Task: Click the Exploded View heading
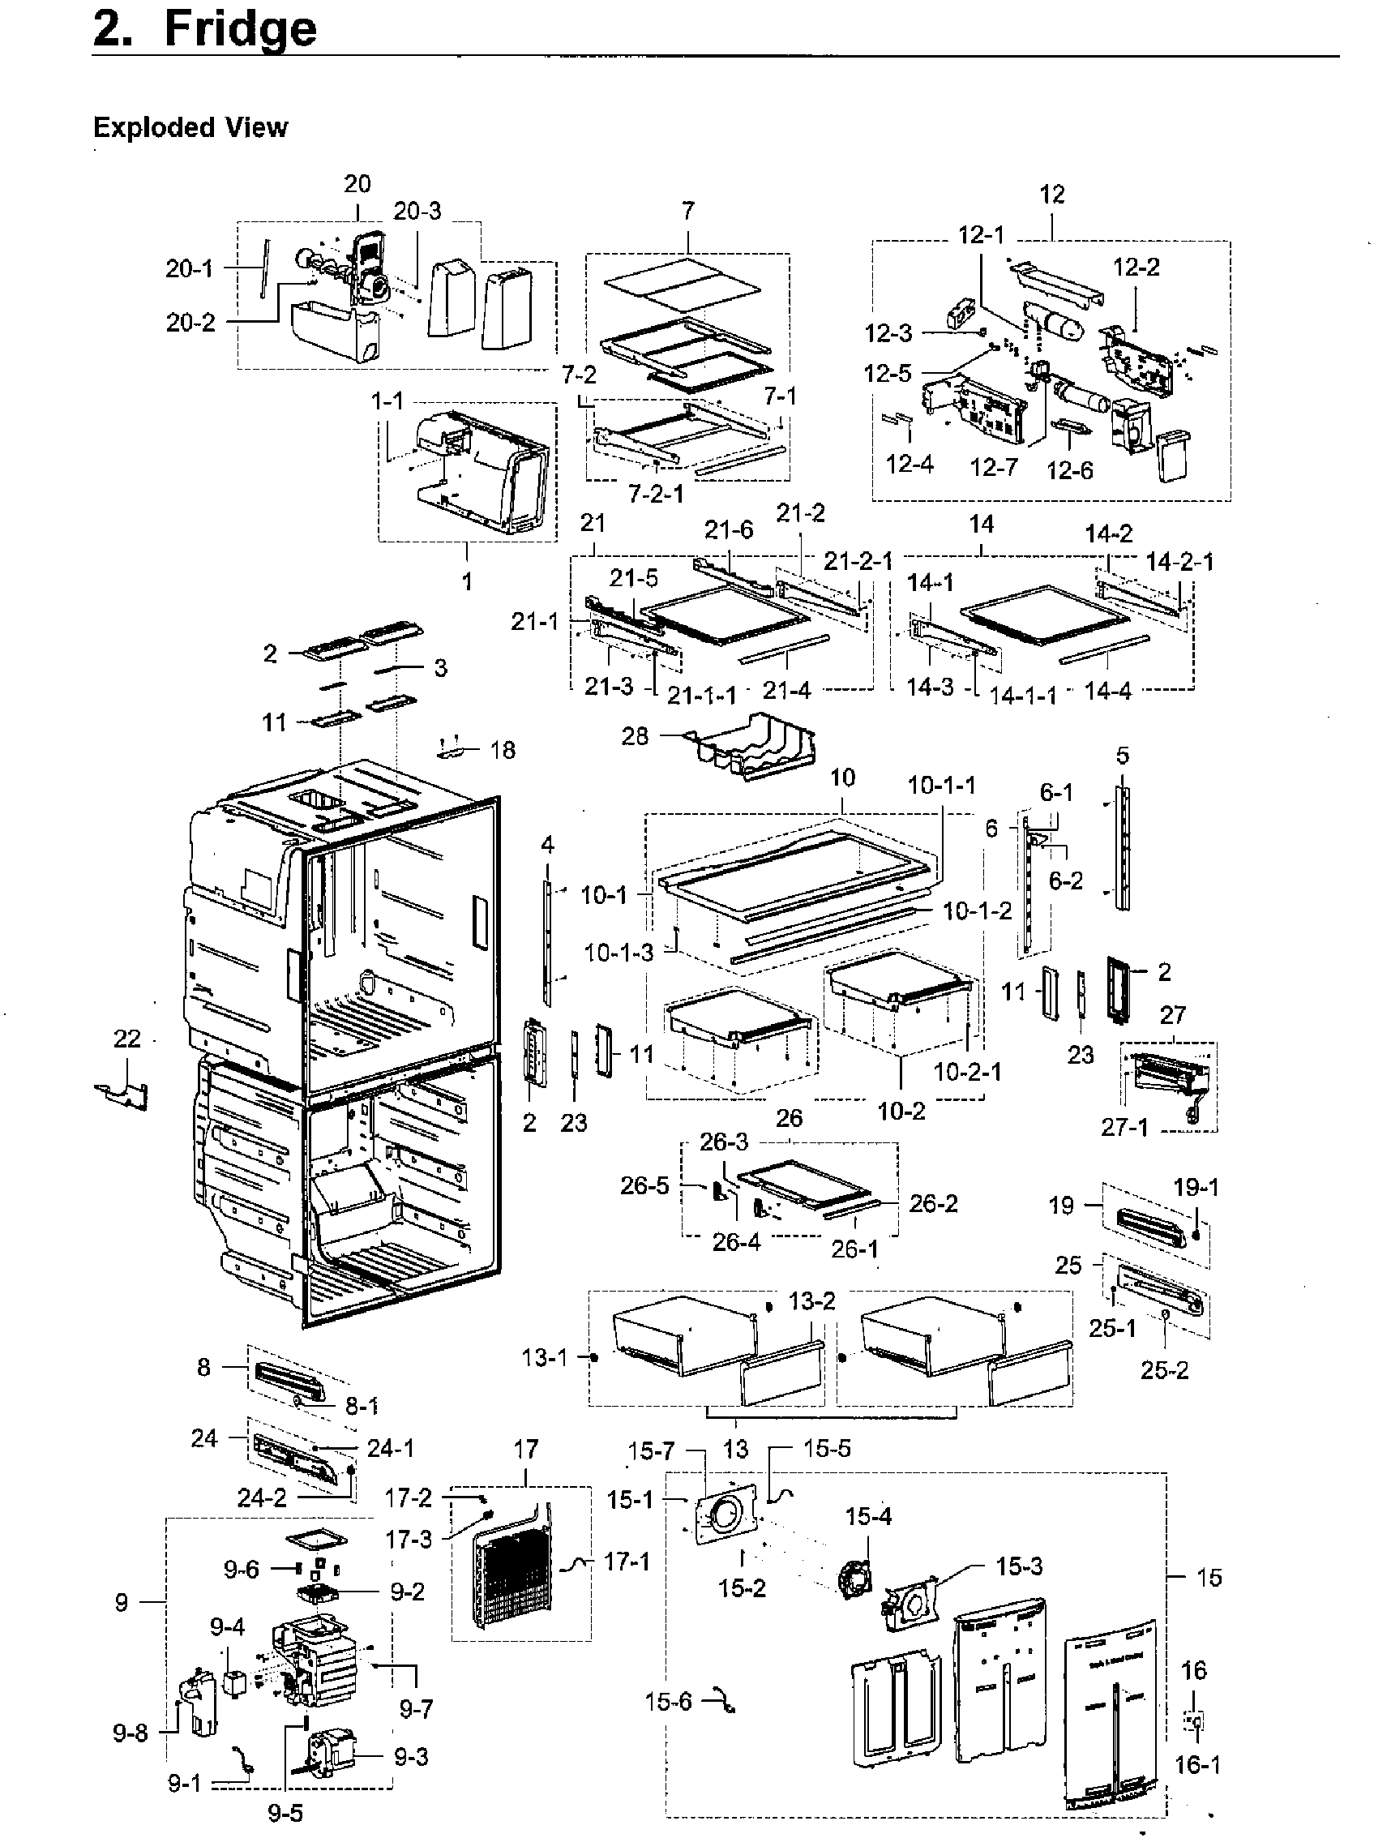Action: (x=190, y=127)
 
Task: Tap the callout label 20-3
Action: (x=417, y=211)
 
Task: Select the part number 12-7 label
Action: (x=994, y=467)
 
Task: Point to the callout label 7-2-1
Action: (x=656, y=494)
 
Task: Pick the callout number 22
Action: (x=127, y=1039)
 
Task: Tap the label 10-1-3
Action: (x=618, y=952)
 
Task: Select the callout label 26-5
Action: (x=644, y=1185)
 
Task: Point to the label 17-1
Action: (x=627, y=1562)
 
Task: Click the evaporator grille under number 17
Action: (x=511, y=1575)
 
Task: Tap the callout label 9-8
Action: (x=130, y=1733)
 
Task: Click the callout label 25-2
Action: (x=1164, y=1370)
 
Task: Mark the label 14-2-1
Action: (x=1179, y=562)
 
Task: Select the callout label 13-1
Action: (x=544, y=1358)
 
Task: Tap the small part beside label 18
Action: (x=451, y=748)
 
